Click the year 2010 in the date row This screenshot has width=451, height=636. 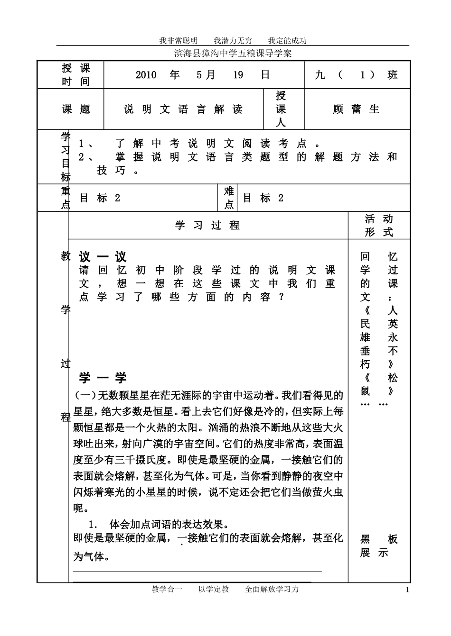(x=146, y=75)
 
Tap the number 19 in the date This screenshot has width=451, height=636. (x=238, y=75)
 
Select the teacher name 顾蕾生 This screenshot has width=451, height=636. (x=357, y=109)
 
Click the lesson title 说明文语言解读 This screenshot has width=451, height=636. (x=183, y=109)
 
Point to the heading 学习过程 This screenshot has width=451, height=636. (x=207, y=226)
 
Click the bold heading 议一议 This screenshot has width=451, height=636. (x=103, y=257)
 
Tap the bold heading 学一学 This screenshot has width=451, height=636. (x=103, y=378)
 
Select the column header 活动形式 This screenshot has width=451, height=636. (x=379, y=226)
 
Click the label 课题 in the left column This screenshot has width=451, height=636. (x=76, y=109)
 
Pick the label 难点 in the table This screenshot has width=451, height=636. (x=229, y=198)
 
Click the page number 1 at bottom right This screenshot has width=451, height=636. (x=407, y=590)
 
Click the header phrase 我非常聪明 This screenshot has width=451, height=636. (x=178, y=41)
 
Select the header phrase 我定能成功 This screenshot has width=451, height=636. (x=287, y=41)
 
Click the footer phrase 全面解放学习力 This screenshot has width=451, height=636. (x=272, y=589)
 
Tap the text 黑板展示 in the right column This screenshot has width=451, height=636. (x=378, y=546)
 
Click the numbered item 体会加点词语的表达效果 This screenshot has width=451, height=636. (x=169, y=525)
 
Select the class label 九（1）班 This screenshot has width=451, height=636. (x=356, y=75)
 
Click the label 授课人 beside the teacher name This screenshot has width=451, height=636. (x=281, y=109)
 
